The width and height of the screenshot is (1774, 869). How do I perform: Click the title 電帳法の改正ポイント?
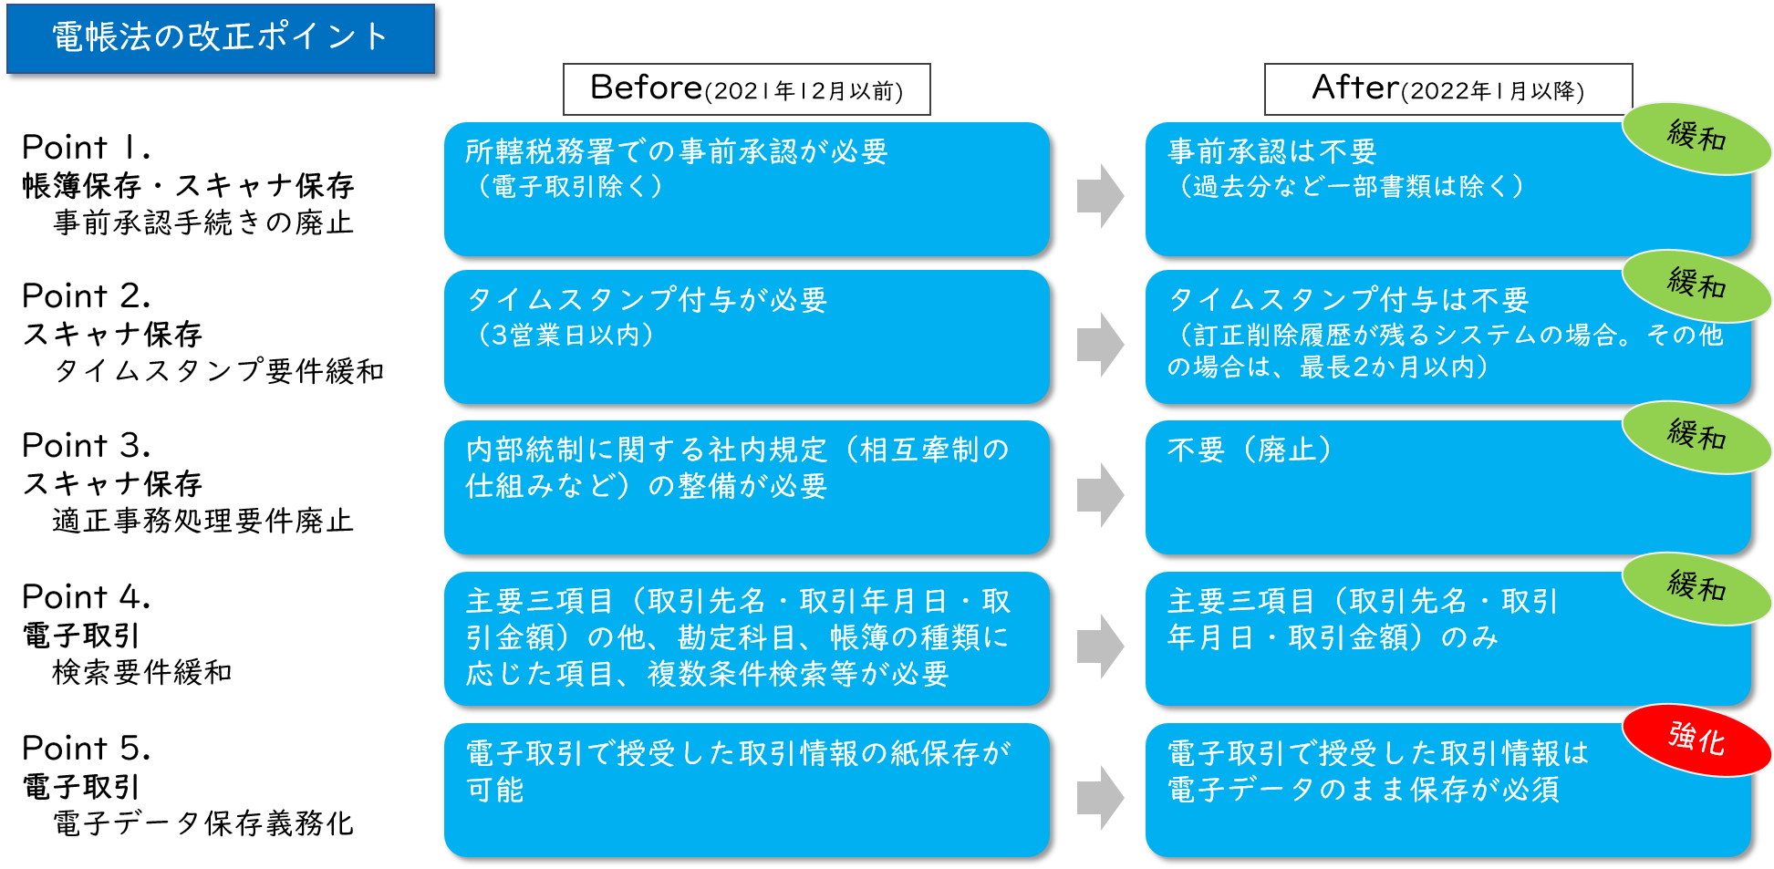point(220,38)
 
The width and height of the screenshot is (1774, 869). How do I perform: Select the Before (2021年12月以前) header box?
point(746,89)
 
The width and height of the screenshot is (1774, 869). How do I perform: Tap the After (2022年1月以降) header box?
point(1447,89)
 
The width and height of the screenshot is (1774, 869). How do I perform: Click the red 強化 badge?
point(1696,739)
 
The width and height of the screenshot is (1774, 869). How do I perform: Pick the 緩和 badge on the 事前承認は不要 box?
point(1696,137)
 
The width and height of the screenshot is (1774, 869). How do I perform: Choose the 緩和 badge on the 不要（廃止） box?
point(1696,436)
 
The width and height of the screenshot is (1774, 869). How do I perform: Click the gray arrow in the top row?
point(1100,195)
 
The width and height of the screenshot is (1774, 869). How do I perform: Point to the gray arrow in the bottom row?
point(1100,797)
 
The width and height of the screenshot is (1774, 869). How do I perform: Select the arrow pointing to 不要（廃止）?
point(1100,494)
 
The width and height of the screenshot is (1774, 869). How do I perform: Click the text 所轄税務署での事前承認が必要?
point(676,151)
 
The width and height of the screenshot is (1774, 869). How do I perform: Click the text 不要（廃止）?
point(1250,450)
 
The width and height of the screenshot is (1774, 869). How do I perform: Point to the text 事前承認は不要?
point(1271,151)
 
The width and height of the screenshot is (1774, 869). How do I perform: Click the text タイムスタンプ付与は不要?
point(1348,300)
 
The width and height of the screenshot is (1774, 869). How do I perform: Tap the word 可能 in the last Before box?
point(495,790)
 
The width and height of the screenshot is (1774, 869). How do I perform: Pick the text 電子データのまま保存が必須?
point(1363,790)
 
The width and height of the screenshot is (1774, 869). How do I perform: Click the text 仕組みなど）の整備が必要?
point(646,486)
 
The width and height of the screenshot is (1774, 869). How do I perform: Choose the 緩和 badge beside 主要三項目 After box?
point(1696,587)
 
